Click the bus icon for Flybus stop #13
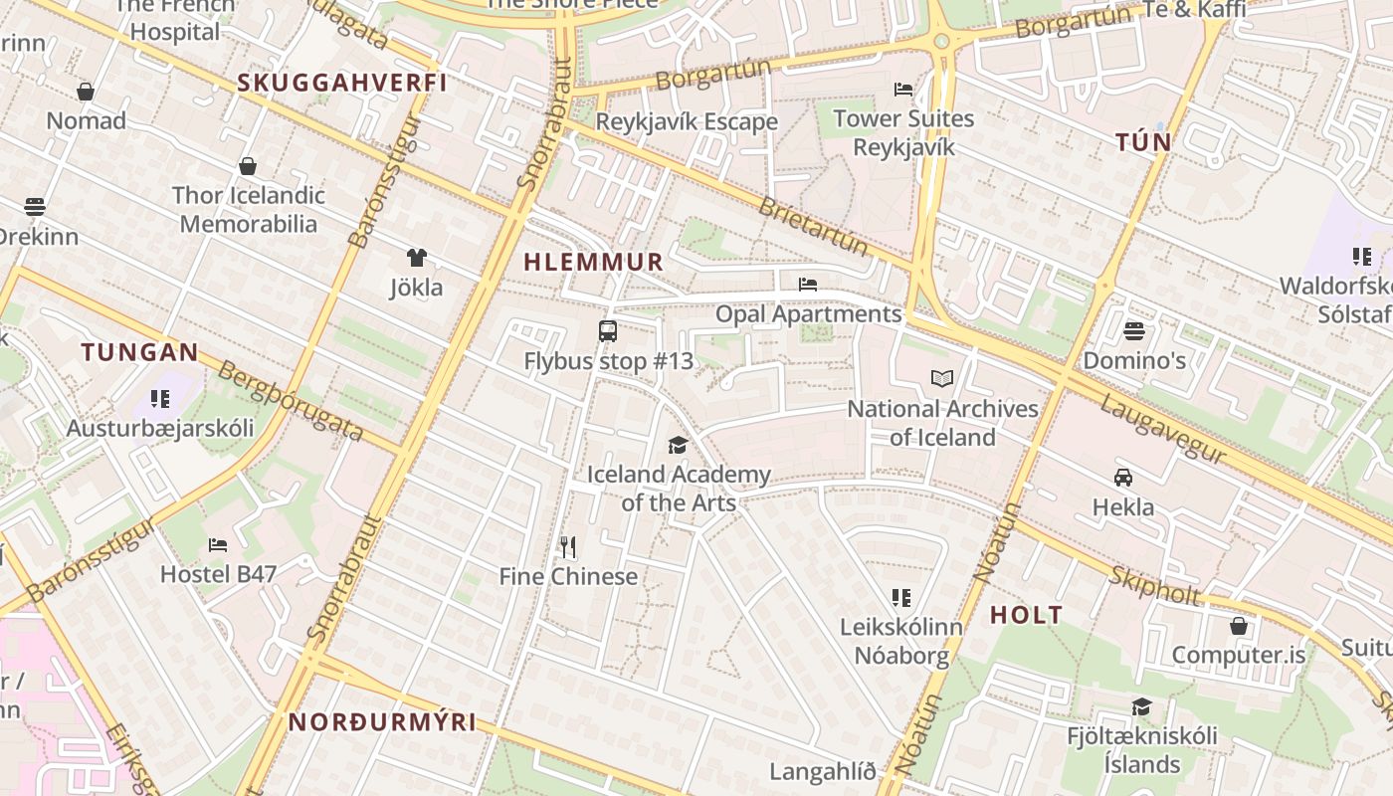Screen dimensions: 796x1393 coord(607,331)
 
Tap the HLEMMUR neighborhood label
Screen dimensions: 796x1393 coord(593,263)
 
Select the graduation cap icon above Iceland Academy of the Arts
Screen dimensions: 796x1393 coord(678,445)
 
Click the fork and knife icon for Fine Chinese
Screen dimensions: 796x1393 coord(568,546)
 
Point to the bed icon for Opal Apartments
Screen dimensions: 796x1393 coord(808,285)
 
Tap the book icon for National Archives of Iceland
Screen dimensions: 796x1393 coord(941,378)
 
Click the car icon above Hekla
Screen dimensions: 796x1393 coord(1123,477)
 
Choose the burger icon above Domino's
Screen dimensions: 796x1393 coord(1134,330)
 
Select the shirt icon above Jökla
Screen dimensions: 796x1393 coord(416,258)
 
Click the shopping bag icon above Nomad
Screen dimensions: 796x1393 coord(87,92)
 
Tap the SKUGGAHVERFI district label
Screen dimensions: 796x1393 coord(342,83)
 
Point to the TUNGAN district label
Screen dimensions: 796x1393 coord(140,352)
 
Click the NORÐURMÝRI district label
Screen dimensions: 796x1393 coord(383,722)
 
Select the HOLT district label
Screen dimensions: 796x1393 coord(1026,615)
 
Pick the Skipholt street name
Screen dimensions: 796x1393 coord(1155,587)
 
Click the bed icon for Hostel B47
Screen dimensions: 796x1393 coord(218,544)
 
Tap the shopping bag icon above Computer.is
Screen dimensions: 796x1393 coord(1239,626)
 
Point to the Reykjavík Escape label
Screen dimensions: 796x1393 coord(687,122)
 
